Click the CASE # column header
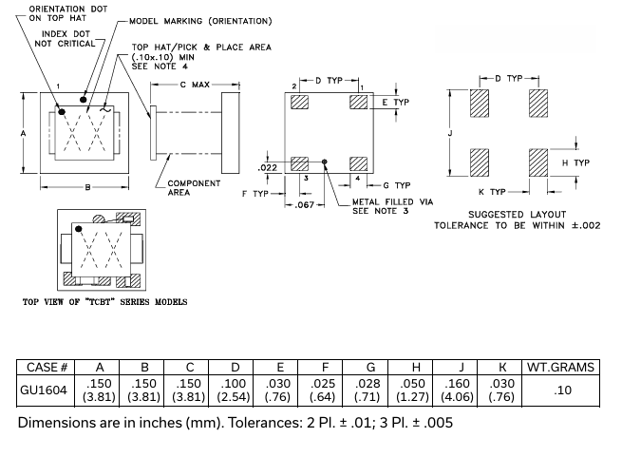[46, 367]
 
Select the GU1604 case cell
[46, 390]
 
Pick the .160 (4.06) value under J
[461, 390]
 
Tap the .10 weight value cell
[561, 390]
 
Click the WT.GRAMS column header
[561, 367]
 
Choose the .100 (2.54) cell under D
[235, 390]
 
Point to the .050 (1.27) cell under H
[415, 390]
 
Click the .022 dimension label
[267, 168]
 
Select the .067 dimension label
[304, 205]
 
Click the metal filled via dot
[325, 162]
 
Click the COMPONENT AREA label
[194, 188]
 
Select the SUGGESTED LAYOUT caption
[516, 214]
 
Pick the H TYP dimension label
[575, 162]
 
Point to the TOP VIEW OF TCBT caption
[104, 302]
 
